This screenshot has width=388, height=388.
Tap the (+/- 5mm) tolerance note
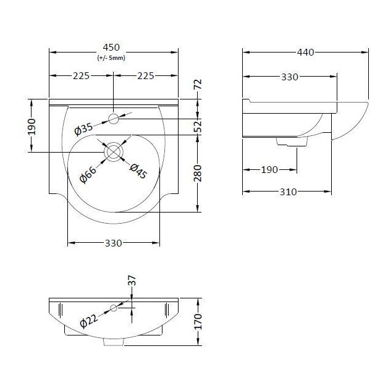tap(112, 58)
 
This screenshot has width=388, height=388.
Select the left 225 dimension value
tap(82, 76)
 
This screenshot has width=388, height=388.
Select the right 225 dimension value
tap(145, 76)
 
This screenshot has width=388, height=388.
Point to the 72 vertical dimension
tap(198, 85)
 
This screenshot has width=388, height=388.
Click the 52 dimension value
tap(198, 126)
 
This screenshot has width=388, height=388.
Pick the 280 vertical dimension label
tap(198, 174)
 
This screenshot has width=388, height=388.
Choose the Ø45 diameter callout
tap(138, 171)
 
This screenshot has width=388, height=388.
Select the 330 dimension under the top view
tap(113, 243)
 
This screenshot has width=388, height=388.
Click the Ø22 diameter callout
tap(88, 321)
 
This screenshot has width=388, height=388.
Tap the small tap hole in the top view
tap(114, 118)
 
